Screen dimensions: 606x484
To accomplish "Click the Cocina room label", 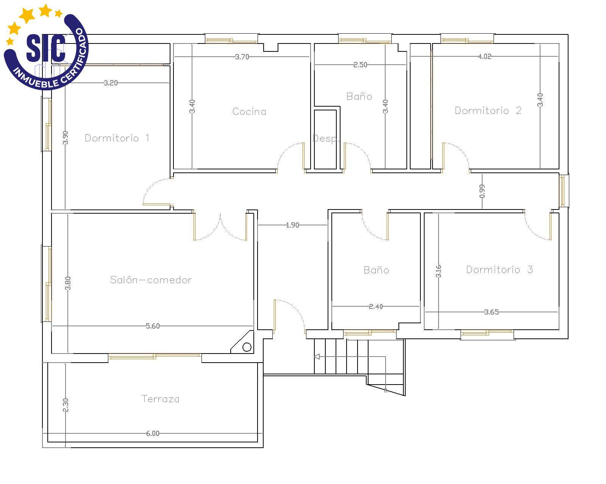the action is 249,112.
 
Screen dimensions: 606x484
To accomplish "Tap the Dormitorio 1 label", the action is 117,138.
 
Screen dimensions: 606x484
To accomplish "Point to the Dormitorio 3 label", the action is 499,270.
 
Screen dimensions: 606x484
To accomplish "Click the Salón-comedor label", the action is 151,279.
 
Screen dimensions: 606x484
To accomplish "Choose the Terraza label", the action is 160,399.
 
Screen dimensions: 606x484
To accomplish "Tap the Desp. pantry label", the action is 326,138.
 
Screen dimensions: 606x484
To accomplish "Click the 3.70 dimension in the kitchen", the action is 242,57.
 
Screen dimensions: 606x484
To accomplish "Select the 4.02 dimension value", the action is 484,56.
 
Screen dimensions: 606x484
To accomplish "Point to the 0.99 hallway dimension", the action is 482,191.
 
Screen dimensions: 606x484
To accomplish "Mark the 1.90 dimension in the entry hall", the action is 292,225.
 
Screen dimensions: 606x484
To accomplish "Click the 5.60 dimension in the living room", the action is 153,326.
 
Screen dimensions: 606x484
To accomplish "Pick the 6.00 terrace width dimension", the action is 153,433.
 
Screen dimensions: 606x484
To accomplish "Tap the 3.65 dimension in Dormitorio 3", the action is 491,312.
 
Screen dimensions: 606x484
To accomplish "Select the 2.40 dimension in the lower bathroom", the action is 376,306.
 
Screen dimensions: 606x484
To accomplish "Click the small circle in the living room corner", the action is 247,347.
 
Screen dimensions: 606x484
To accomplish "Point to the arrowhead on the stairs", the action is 317,357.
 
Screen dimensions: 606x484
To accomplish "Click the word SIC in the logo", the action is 46,48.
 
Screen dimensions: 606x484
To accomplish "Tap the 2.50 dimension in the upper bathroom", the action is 360,65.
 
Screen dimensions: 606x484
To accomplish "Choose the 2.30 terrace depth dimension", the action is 65,405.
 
